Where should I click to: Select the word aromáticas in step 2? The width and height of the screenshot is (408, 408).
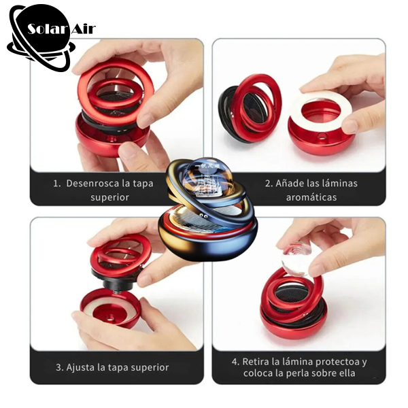coord(311,197)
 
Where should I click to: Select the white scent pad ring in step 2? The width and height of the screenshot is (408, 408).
coord(322,107)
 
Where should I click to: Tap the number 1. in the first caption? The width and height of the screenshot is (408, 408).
coord(57,184)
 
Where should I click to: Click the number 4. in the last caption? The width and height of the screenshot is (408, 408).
coord(235,362)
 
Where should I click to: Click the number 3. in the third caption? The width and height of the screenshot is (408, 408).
coord(60,367)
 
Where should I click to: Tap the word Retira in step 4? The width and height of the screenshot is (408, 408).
coord(254,362)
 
